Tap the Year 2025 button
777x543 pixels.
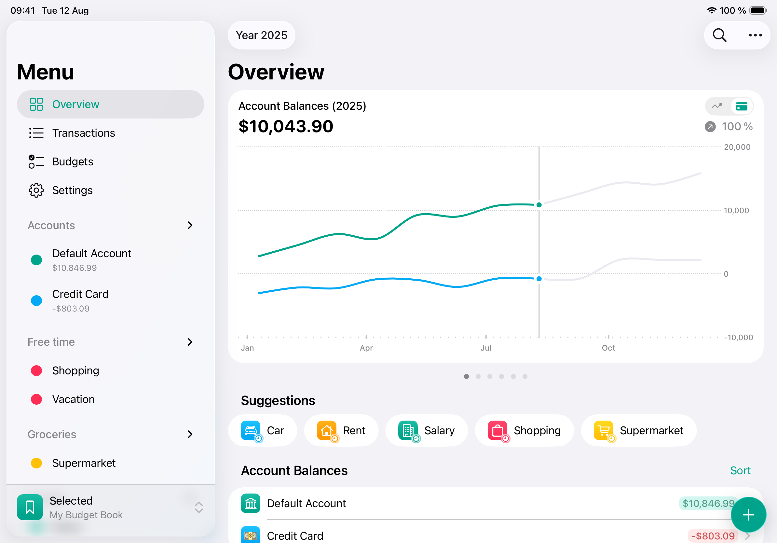click(x=261, y=35)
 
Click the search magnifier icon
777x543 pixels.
click(x=719, y=35)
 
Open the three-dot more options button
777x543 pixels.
click(x=755, y=35)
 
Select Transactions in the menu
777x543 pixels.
click(x=83, y=133)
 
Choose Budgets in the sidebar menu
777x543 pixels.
click(x=73, y=162)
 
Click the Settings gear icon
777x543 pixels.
click(x=36, y=190)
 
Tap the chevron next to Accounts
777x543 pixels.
click(x=190, y=226)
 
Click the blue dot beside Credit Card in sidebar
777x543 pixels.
click(x=36, y=300)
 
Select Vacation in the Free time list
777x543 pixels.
click(x=73, y=399)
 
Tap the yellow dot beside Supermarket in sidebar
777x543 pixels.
click(x=36, y=463)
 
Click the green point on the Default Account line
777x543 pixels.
click(x=539, y=205)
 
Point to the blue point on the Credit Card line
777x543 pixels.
click(x=539, y=279)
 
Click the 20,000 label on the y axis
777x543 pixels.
click(x=737, y=147)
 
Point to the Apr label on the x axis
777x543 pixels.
click(x=366, y=348)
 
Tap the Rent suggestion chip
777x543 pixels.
click(x=341, y=431)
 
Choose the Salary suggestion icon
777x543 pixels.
click(x=408, y=431)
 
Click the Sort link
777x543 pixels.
click(x=740, y=470)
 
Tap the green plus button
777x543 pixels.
click(x=748, y=515)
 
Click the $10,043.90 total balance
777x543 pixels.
click(x=286, y=127)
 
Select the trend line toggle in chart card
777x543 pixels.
click(x=717, y=106)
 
